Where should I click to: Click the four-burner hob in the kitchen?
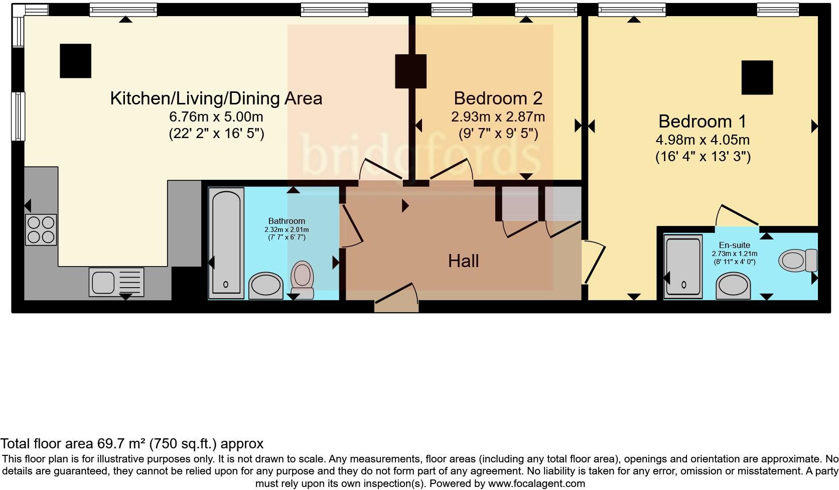point(41,229)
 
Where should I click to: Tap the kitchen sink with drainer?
point(116,282)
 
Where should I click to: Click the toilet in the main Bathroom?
point(303,279)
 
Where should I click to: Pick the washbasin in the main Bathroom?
point(265,285)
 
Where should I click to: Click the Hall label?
point(463,261)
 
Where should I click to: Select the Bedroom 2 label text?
point(498,98)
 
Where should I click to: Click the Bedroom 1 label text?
point(702,121)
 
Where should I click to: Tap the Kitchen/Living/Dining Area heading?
point(216,98)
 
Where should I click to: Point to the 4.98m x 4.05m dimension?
point(703,140)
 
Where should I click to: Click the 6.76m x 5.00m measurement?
point(216,117)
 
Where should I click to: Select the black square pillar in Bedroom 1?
point(757,77)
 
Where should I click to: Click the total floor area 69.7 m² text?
point(131,444)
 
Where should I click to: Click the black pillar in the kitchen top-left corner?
point(75,61)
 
